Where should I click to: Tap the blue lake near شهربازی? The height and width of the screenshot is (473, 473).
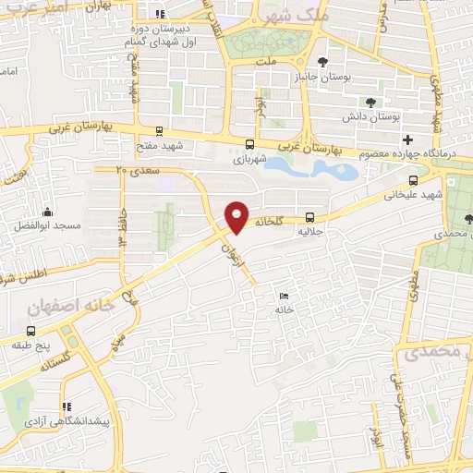click(x=323, y=168)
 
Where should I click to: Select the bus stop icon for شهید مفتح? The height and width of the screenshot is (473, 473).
click(x=160, y=131)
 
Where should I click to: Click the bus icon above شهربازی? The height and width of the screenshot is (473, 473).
click(x=249, y=144)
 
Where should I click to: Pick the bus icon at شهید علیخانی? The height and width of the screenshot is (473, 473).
click(x=412, y=181)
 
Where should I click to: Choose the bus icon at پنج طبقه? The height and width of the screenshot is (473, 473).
click(x=32, y=330)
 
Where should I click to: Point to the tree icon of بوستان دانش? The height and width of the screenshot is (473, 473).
click(x=370, y=103)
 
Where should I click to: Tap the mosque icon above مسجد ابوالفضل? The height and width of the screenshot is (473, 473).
click(x=47, y=212)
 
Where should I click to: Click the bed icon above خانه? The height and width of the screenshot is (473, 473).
click(x=284, y=296)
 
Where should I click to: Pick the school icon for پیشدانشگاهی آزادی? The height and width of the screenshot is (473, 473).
click(x=64, y=406)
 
